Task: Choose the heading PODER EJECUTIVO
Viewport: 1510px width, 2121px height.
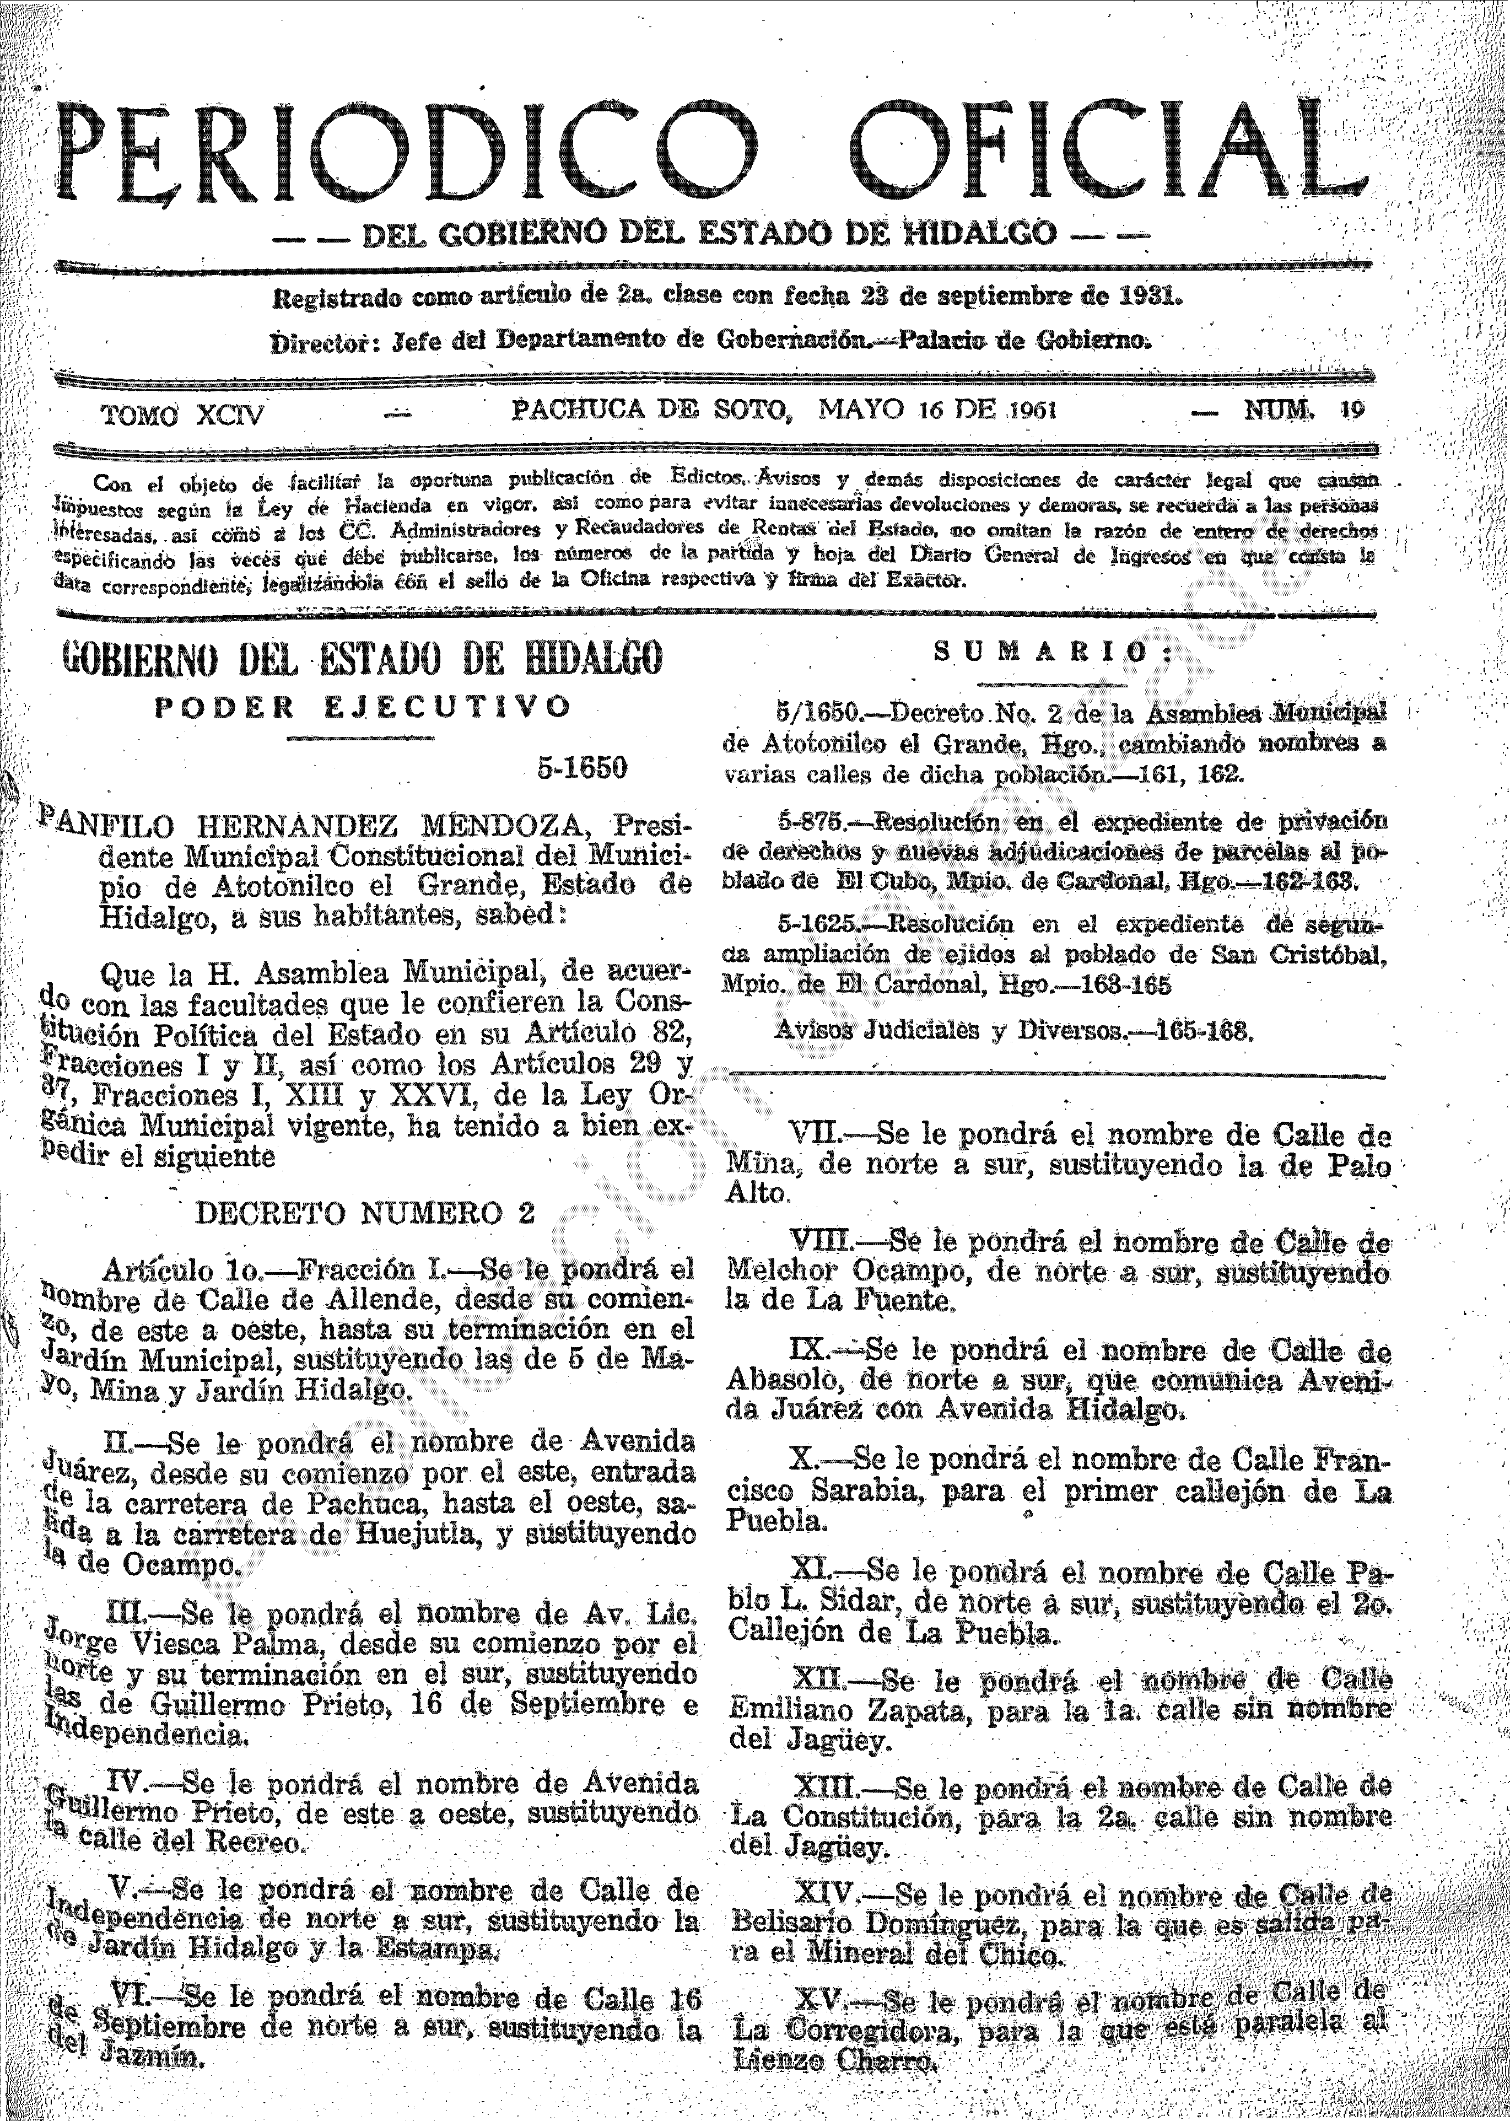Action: click(363, 707)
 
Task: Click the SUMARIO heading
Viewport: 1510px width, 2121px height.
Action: click(1054, 652)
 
